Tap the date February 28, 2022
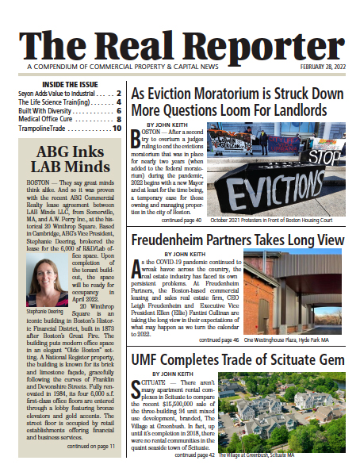point(323,67)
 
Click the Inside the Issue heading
point(64,83)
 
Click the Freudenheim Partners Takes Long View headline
point(237,240)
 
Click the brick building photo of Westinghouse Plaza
point(295,293)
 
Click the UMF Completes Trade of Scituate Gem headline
point(237,359)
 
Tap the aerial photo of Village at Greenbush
point(295,412)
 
